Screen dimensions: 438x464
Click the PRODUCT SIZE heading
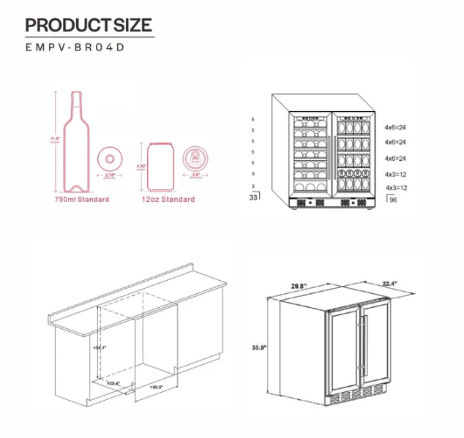point(89,25)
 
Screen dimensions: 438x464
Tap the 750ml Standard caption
point(81,200)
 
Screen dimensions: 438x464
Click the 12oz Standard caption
point(168,200)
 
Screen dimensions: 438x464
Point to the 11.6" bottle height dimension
point(55,138)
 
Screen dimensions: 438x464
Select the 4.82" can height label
point(142,166)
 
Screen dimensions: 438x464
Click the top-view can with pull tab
point(198,158)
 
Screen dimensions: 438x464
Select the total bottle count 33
point(254,197)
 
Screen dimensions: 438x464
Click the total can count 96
point(393,198)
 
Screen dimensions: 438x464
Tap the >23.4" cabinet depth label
point(113,382)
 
